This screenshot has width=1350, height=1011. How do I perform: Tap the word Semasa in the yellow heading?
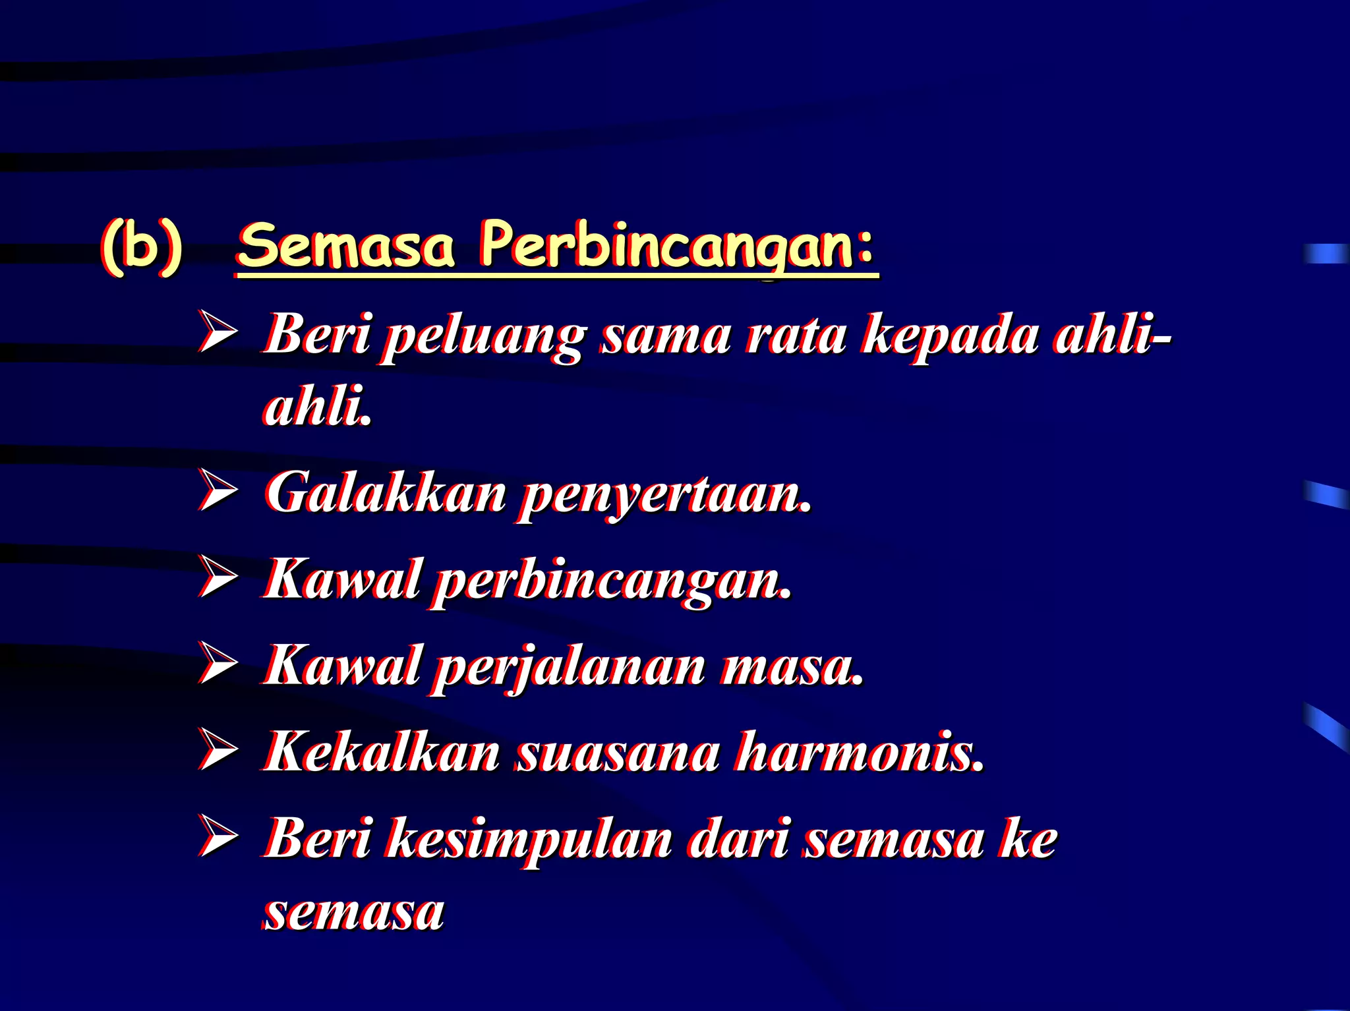(347, 246)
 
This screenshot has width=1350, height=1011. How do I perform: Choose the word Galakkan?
(386, 493)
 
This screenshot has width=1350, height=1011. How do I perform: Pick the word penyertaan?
(664, 496)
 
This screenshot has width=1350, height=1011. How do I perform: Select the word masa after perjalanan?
(792, 667)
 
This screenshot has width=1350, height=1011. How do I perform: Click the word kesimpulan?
(529, 840)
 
